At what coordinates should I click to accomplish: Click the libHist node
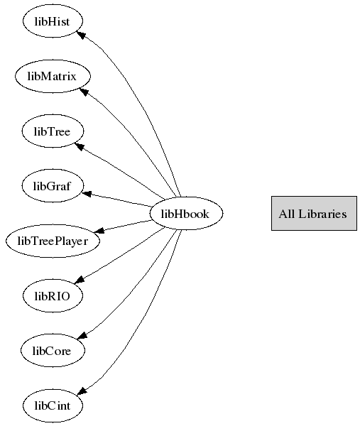(53, 21)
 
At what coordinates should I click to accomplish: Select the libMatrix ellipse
(53, 76)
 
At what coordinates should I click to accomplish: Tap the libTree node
(53, 131)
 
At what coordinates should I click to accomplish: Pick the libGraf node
(53, 186)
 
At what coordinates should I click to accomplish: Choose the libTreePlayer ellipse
(53, 241)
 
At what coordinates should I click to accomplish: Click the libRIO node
(53, 295)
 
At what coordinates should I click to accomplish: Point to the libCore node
(53, 351)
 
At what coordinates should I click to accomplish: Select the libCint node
(53, 405)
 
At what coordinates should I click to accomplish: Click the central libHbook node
(186, 213)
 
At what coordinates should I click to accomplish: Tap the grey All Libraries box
(314, 213)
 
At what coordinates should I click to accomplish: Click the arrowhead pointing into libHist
(81, 35)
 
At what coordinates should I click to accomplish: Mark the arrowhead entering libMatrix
(84, 92)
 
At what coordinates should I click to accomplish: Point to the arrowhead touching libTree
(79, 146)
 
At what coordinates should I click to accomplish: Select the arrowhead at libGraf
(87, 194)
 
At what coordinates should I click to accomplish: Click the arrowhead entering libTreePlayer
(99, 230)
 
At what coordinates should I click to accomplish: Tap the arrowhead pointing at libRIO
(79, 280)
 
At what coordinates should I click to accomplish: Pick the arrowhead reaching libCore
(82, 335)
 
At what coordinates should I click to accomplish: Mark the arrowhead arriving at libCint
(82, 391)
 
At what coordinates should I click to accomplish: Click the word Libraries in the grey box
(322, 214)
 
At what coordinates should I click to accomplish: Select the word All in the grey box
(287, 214)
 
